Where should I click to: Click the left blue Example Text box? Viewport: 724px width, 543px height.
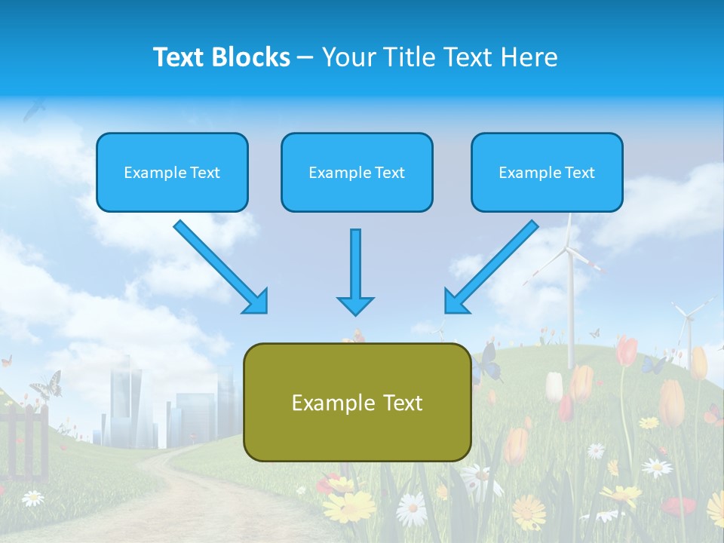[172, 173]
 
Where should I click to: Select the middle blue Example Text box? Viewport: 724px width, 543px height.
[357, 173]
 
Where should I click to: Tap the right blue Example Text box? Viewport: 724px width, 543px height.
[547, 173]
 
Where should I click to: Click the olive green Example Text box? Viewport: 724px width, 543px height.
[357, 403]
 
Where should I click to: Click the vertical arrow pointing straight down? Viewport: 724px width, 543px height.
[355, 272]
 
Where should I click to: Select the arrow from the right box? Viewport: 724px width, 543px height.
[491, 267]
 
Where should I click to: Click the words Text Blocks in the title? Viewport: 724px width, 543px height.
[222, 57]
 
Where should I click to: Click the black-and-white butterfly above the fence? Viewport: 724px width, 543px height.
[45, 385]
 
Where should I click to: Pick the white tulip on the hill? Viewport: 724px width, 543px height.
[554, 386]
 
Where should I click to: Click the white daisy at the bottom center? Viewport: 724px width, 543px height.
[411, 509]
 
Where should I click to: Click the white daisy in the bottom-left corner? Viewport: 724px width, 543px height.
[32, 498]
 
